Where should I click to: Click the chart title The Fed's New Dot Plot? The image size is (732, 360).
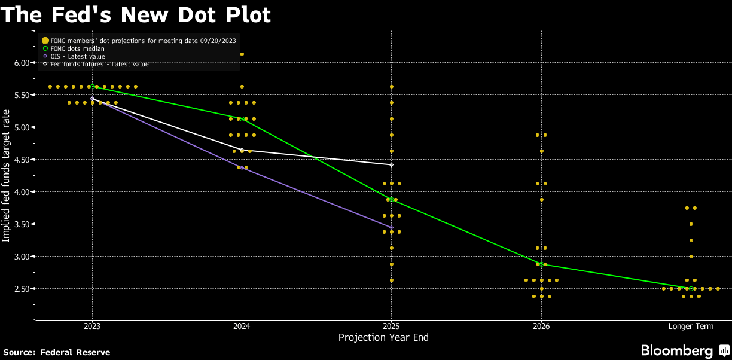tap(136, 14)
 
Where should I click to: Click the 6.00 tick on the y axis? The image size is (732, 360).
tap(22, 63)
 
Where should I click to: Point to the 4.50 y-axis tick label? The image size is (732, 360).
tap(22, 160)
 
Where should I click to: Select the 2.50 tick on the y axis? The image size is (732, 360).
tap(22, 289)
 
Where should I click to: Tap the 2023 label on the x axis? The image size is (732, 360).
tap(92, 327)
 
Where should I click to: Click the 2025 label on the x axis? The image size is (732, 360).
tap(391, 327)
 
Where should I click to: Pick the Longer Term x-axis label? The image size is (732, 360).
tap(691, 327)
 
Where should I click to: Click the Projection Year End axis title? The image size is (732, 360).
tap(383, 338)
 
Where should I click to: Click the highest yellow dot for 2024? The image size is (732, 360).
tap(242, 54)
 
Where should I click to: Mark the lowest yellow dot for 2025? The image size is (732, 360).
tap(391, 280)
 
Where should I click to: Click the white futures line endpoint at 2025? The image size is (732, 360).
tap(391, 164)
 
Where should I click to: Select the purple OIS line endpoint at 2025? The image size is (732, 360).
tap(391, 227)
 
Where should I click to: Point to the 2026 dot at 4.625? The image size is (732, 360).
tap(541, 151)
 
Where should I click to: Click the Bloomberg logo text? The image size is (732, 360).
tap(677, 350)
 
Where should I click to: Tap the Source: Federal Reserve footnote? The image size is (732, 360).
tap(57, 352)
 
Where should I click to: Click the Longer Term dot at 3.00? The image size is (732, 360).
tap(691, 257)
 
